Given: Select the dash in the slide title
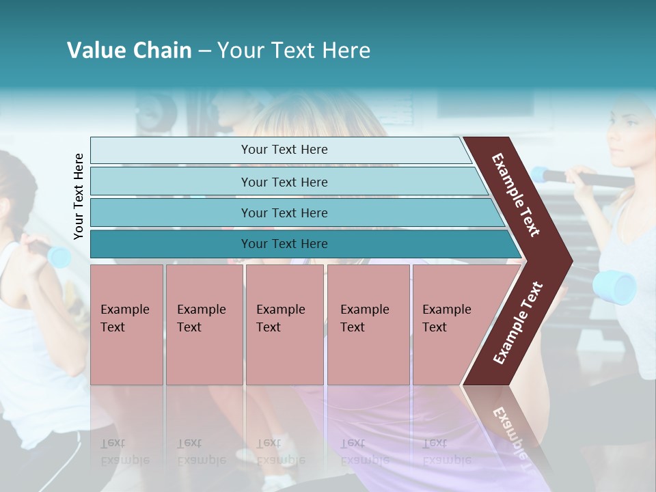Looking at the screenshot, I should (204, 51).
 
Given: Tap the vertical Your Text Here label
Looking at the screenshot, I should (79, 197).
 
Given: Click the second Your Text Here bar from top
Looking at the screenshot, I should (284, 182).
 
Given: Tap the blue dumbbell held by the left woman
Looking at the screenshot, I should (59, 257).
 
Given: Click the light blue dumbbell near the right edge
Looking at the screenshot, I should (614, 286).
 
